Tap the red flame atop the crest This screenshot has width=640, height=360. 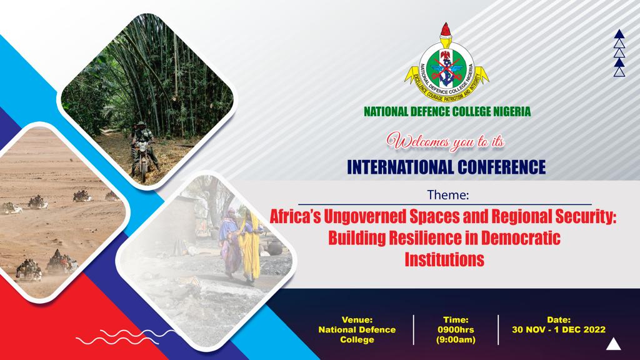446,30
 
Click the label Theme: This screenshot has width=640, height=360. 447,195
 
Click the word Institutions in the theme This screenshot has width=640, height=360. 444,259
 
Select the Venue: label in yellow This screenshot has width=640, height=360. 357,320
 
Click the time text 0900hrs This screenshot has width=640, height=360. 456,330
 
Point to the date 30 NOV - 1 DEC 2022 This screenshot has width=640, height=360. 559,330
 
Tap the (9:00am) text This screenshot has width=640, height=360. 456,339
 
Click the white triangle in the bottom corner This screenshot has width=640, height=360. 614,345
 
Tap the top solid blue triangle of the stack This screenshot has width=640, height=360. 619,34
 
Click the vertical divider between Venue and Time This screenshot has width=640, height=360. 414,330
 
